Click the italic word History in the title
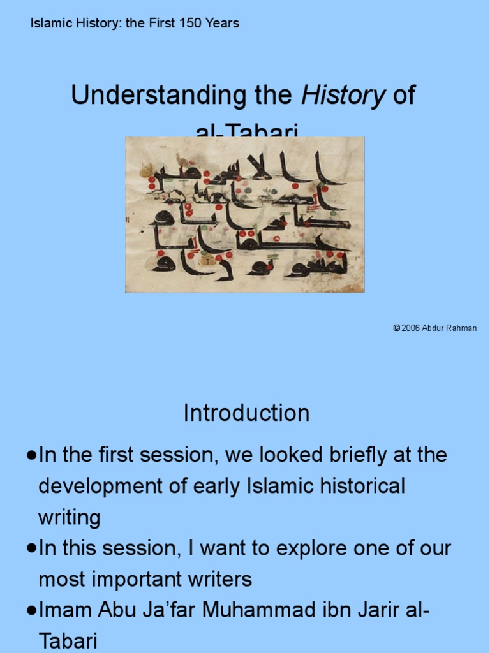click(x=343, y=96)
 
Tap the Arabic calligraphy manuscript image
click(x=244, y=215)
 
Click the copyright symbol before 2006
click(x=396, y=328)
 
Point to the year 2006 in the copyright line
click(x=410, y=328)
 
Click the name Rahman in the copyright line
click(x=461, y=328)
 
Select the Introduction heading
click(x=246, y=413)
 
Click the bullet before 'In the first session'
click(x=31, y=455)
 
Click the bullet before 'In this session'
click(x=31, y=548)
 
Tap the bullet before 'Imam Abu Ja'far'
click(x=31, y=610)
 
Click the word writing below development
click(x=69, y=517)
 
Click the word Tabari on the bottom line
click(x=68, y=640)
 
